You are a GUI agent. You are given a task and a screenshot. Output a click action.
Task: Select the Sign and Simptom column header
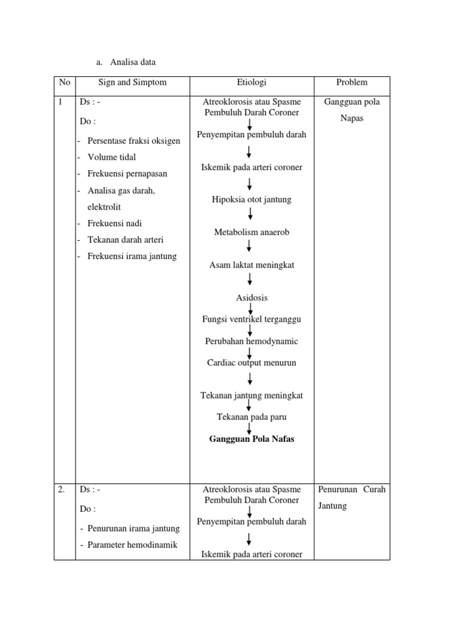tap(132, 82)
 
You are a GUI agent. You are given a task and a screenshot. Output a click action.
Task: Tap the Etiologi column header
tap(252, 82)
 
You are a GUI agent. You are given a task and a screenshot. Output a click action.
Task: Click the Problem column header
tap(352, 82)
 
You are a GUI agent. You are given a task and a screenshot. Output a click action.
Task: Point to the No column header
tap(64, 82)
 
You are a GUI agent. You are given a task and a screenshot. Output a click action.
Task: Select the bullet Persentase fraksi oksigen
tap(133, 141)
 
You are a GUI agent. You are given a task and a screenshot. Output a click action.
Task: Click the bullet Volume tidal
tap(112, 157)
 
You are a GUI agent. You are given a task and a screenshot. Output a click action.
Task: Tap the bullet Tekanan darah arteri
tap(126, 239)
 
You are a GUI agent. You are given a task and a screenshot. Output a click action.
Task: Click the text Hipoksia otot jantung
tap(252, 199)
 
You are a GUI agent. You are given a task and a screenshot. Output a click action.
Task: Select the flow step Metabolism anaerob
tap(251, 232)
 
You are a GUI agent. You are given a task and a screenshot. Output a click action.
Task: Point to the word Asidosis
tap(252, 298)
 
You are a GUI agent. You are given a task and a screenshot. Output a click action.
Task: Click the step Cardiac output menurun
tap(252, 363)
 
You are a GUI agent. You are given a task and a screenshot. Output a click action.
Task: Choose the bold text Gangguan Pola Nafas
tap(252, 439)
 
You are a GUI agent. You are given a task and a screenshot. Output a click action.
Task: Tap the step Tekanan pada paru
tap(252, 417)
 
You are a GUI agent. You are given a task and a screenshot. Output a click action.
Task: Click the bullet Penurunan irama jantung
tap(130, 528)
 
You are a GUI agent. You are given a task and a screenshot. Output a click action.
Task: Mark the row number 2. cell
tap(62, 489)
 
